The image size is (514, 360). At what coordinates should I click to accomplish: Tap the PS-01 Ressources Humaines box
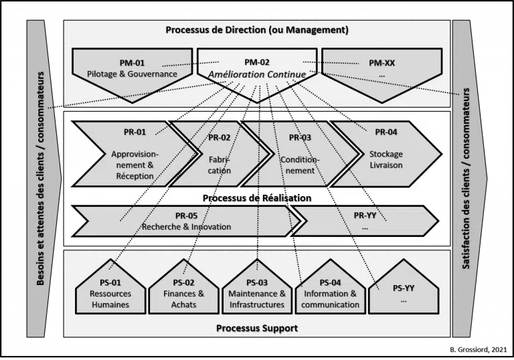tap(111, 292)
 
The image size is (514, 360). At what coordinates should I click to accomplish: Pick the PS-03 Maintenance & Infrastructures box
tap(257, 292)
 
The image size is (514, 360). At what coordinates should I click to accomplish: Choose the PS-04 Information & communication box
tap(330, 292)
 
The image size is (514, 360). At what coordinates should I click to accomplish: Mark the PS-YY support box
tap(404, 292)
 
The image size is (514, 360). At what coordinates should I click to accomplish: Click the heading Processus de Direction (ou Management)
tap(257, 31)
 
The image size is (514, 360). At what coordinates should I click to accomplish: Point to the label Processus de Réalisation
tap(257, 198)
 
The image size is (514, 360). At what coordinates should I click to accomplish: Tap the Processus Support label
tap(257, 328)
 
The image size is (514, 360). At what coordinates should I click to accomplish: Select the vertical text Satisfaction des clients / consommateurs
tap(466, 179)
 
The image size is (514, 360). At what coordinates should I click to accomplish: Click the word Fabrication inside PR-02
tap(220, 165)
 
